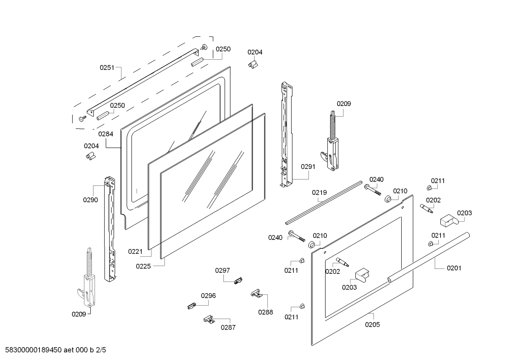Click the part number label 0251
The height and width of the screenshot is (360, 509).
coord(107,67)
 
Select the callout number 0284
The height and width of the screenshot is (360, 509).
coord(106,134)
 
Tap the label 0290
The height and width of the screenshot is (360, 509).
coord(90,200)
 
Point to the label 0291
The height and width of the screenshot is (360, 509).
coord(308,166)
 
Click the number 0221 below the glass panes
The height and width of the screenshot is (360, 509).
coord(135,252)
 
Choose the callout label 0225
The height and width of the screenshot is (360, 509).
coord(143,266)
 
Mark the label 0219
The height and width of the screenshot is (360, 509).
coord(319,193)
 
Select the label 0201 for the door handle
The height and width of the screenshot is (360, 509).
coord(454,268)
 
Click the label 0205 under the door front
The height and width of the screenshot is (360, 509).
coord(372,324)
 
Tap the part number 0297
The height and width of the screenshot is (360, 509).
coord(222,270)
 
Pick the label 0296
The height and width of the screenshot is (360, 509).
coord(208,296)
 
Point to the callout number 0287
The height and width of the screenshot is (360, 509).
coord(228,327)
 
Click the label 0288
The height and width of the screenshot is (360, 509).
coord(265,312)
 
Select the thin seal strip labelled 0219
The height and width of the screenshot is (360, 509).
coord(323,203)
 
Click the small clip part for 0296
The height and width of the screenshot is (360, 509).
coord(192,305)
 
